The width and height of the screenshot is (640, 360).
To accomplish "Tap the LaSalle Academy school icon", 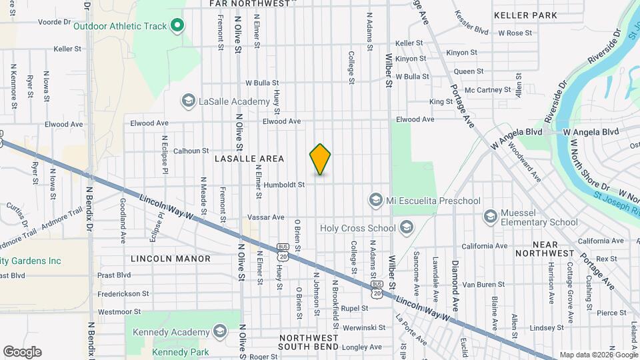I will coord(188,101).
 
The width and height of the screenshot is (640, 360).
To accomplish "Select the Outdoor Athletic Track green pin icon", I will coord(177,26).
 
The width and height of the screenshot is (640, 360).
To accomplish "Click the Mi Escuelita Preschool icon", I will coord(375,200).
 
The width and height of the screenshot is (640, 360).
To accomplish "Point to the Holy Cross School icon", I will coord(405,228).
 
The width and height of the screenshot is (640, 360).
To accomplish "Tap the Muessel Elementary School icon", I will coord(491,216).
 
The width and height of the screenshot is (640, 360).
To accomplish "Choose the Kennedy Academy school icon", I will coord(219,332).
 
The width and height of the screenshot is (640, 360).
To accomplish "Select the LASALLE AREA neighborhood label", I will coord(249,159).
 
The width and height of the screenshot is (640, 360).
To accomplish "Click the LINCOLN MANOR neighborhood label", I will coord(171,258).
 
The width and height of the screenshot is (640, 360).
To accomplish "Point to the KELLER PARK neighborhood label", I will coord(525,15).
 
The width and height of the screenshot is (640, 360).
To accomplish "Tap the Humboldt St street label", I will coord(283,184).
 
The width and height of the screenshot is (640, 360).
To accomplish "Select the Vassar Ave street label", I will coord(265,217).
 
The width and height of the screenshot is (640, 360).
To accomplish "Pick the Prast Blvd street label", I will coord(114,275).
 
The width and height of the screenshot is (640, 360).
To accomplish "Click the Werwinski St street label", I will coord(360,327).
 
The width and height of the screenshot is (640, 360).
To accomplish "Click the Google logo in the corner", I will coord(22,351).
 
